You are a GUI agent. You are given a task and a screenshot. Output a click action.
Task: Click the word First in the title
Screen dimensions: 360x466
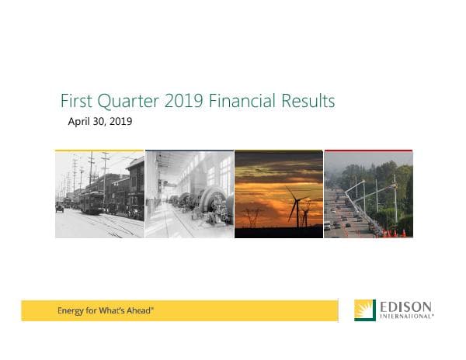(76, 102)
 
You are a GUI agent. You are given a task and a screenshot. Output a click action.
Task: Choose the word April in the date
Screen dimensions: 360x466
(81, 122)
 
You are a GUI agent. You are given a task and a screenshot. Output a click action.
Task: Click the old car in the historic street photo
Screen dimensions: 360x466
(60, 207)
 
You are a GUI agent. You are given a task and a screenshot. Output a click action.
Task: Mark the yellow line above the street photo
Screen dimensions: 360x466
(99, 151)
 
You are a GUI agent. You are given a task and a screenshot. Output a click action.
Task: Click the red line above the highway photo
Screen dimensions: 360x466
(368, 151)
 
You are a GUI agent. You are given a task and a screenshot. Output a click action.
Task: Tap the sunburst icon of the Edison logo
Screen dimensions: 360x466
(364, 310)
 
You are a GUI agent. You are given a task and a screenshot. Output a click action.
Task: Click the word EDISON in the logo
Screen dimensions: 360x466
(406, 306)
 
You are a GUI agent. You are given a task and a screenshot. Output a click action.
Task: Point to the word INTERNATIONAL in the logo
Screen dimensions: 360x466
(405, 317)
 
